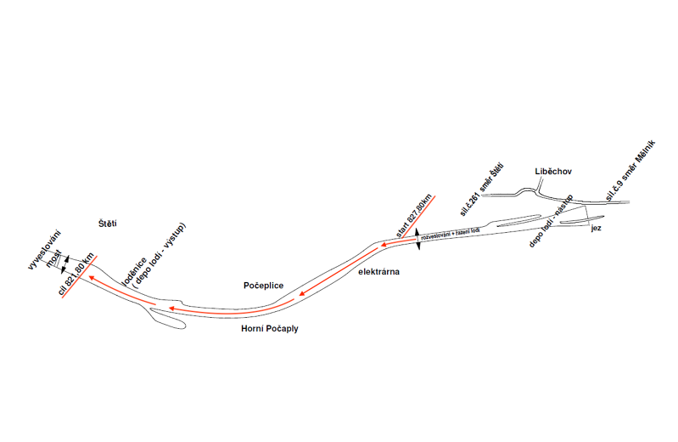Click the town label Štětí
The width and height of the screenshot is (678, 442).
(x=107, y=224)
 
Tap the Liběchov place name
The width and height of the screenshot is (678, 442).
(x=554, y=172)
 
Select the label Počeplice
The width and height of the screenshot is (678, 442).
(x=263, y=286)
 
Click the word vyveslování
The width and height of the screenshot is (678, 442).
(x=45, y=250)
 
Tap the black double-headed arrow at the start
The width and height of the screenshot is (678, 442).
(x=417, y=239)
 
